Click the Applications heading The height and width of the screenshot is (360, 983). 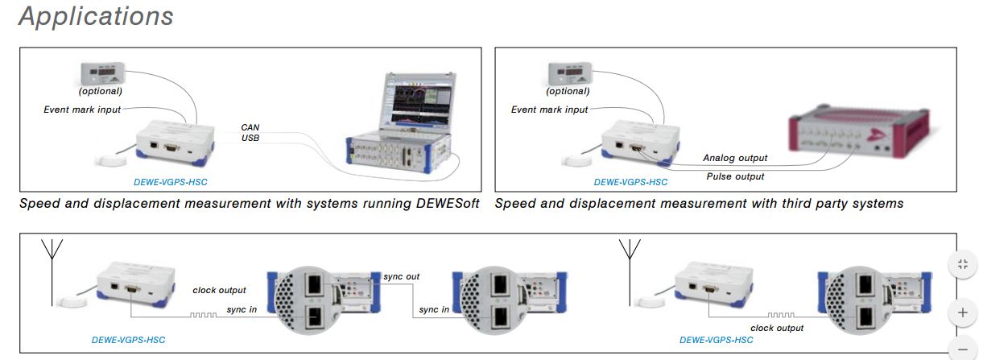96,16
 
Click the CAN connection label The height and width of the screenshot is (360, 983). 250,127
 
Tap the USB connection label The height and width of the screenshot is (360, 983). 250,139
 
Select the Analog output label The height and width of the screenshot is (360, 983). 734,158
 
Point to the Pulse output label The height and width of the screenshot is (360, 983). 735,176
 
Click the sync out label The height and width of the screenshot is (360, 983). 401,276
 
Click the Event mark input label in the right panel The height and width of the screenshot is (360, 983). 549,110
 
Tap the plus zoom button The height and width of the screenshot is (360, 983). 962,312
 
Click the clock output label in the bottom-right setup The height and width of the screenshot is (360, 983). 777,328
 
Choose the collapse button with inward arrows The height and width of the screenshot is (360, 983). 962,266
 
